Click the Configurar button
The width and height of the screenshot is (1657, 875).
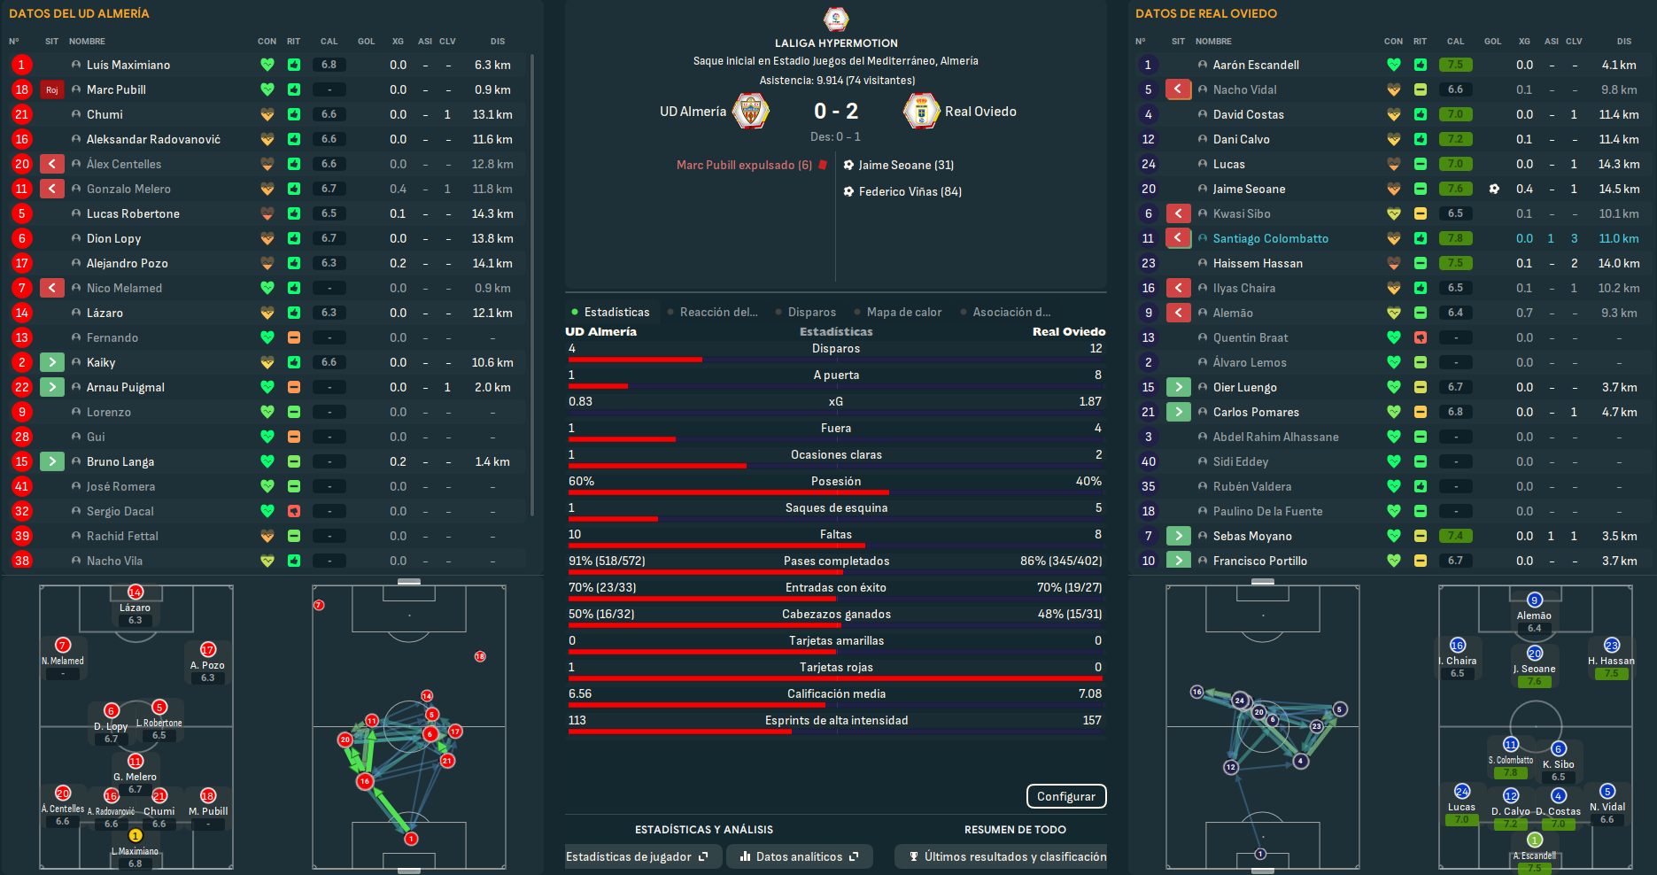(1065, 796)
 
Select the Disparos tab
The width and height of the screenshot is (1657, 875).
(811, 312)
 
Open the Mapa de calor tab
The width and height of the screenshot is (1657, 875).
(903, 312)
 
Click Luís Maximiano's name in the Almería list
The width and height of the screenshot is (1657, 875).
(128, 65)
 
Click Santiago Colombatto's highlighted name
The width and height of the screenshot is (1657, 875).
(1270, 238)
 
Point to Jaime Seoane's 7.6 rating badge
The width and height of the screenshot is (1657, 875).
(1455, 189)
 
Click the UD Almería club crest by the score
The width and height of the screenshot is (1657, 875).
(750, 112)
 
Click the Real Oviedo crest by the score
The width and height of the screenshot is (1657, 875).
(921, 112)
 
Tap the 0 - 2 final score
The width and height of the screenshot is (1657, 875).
(835, 112)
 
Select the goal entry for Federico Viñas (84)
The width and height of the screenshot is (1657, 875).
(910, 191)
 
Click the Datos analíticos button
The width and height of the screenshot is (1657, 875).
(799, 856)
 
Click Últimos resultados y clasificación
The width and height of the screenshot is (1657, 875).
(1008, 856)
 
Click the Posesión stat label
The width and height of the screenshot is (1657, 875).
(835, 481)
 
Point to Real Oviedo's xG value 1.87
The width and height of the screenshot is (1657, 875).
(1089, 401)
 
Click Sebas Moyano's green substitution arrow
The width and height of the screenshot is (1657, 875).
(1178, 536)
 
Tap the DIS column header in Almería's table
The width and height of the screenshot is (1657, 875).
(498, 42)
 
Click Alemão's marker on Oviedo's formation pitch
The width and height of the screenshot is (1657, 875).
(1534, 600)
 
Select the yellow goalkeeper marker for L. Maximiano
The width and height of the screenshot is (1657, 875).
(136, 835)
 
